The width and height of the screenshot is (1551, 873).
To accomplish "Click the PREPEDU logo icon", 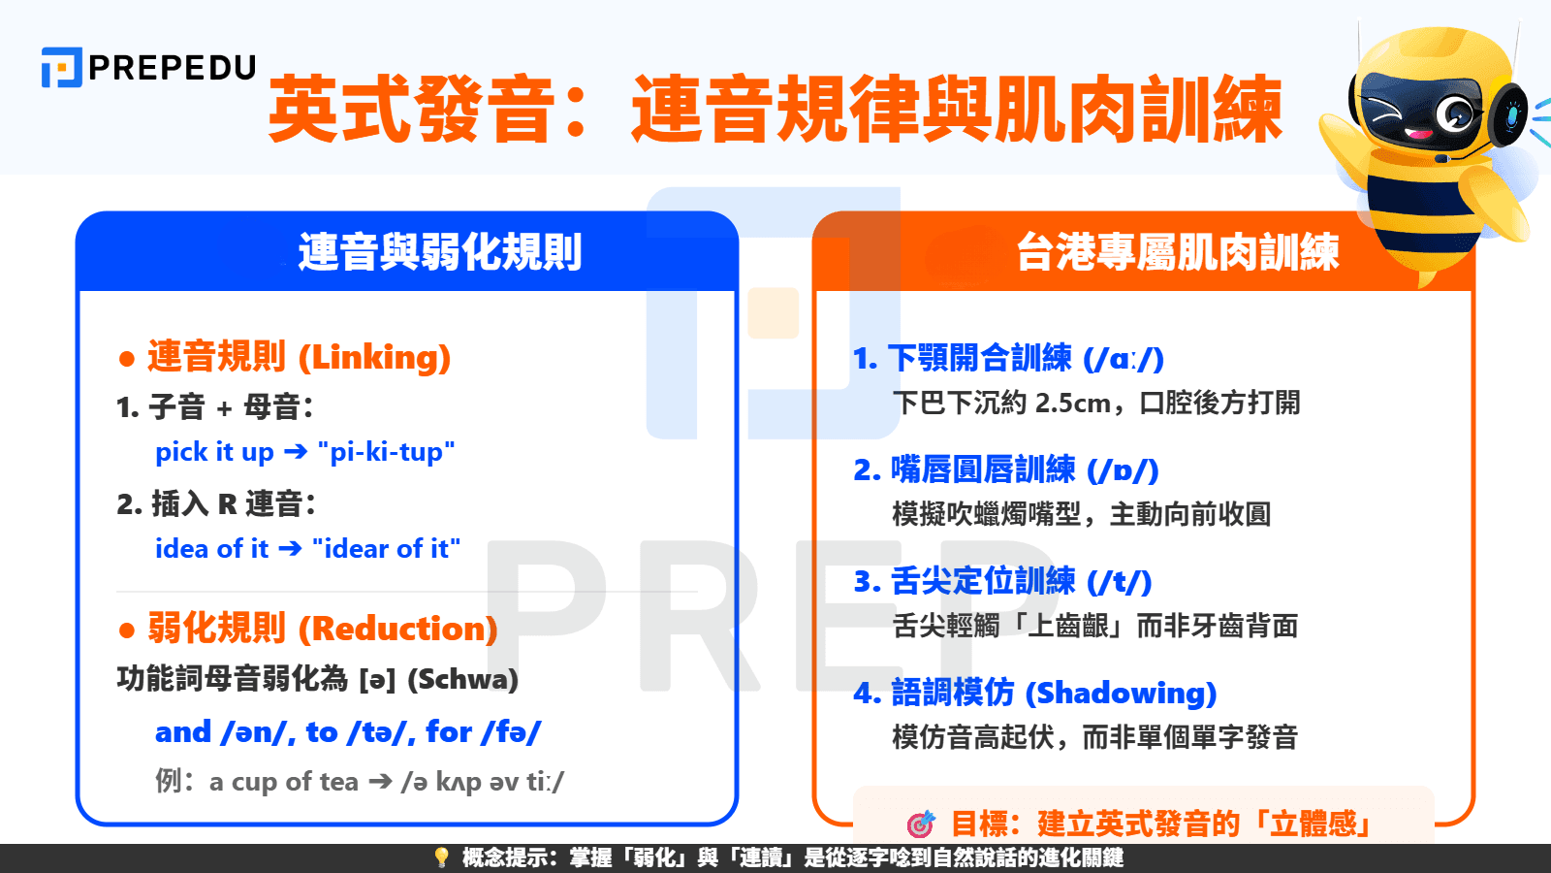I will point(61,68).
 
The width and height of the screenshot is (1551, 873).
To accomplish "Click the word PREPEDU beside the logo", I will point(173,68).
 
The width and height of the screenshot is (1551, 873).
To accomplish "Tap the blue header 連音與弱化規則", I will point(439,252).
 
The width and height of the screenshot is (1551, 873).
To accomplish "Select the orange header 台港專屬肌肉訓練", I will point(1177,252).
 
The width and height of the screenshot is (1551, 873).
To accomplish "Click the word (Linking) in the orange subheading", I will point(374,357).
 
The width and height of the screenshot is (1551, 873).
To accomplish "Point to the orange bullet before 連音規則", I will point(126,359).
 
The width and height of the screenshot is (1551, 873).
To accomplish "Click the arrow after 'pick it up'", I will point(296,452).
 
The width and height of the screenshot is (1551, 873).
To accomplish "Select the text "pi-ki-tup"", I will point(386,452).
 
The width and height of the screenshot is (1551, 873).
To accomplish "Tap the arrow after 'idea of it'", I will point(290,549).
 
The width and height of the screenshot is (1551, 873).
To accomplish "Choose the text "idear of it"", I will point(386,549).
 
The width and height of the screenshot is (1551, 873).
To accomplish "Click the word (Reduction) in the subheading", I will point(397,629).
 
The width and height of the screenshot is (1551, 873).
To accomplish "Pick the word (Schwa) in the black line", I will point(462,679).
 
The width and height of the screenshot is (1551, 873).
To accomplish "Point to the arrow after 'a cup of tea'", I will point(380,782).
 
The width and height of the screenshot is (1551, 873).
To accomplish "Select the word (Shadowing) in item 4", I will point(1121,693).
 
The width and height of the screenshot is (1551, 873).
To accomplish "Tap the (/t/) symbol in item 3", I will point(1119,581).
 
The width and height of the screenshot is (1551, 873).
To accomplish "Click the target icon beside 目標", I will point(920,824).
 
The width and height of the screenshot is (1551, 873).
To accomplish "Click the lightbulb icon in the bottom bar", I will point(441,857).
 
